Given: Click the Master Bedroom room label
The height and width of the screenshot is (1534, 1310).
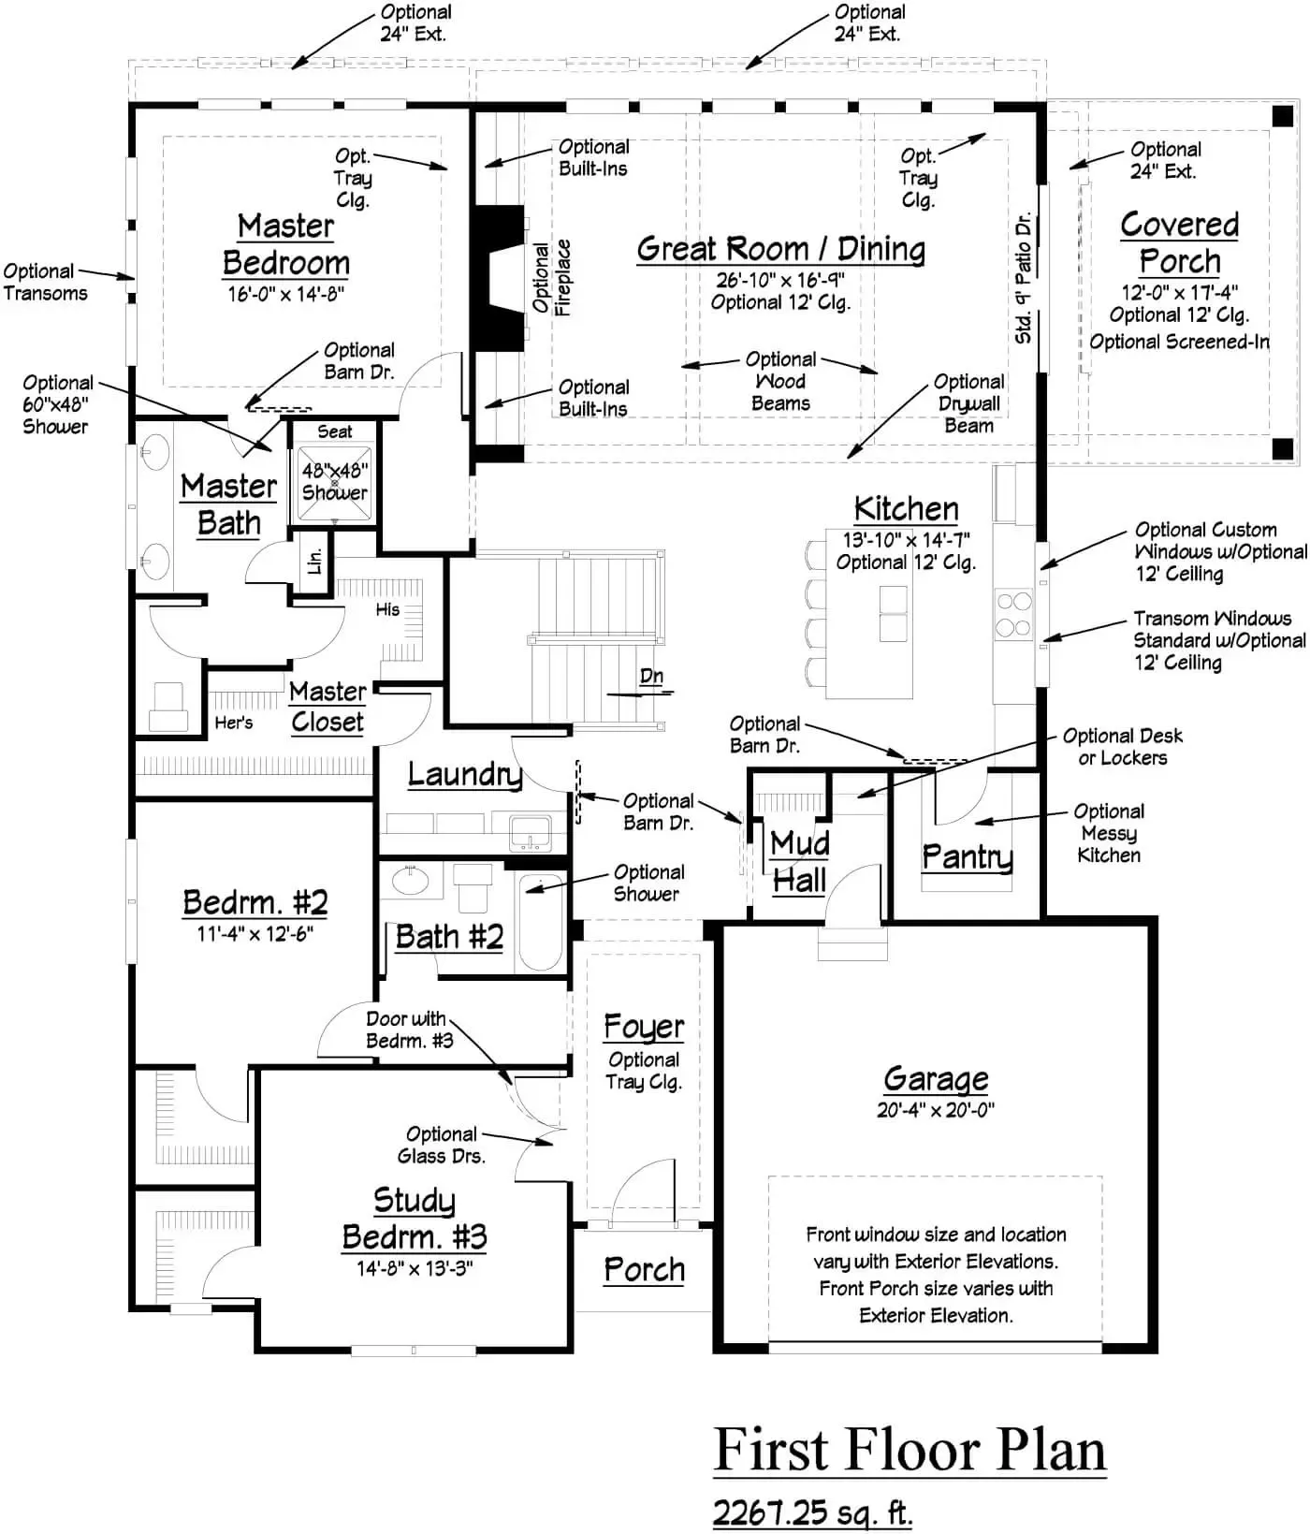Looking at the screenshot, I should coord(286,244).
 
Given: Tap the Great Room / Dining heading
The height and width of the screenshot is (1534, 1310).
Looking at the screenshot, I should coord(781,249).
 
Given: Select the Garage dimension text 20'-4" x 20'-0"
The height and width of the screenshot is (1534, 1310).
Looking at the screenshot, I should coord(935,1111).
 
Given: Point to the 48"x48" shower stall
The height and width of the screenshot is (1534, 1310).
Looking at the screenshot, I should coord(334,482).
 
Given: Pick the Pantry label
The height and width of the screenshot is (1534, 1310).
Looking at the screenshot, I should coord(967,856).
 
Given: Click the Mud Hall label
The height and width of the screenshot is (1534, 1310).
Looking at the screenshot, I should coord(799,862).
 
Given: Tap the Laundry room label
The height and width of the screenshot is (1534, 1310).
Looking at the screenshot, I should coord(464,774).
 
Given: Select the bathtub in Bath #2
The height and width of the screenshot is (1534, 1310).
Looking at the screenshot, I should coord(541,923).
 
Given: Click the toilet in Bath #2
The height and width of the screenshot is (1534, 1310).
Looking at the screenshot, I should coord(473,886).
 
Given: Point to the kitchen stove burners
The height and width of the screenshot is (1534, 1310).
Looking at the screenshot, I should coord(1013,614).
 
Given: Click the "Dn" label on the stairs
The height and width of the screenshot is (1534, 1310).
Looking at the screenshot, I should coord(651,677).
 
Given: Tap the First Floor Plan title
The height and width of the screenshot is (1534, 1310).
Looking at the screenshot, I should coord(910,1450).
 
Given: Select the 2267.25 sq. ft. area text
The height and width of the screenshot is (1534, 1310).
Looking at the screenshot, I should coord(812,1512).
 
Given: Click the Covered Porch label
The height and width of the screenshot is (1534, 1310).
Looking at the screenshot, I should coord(1179,242).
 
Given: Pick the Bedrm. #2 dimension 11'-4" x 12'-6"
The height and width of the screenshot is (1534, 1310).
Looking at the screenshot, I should coord(255,934).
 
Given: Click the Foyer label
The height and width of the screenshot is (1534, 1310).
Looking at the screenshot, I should coord(644,1027).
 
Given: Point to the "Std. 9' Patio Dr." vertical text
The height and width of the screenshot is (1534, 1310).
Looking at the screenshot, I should coord(1024,278).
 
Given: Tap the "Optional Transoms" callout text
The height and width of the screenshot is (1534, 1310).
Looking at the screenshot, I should coord(45,282).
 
